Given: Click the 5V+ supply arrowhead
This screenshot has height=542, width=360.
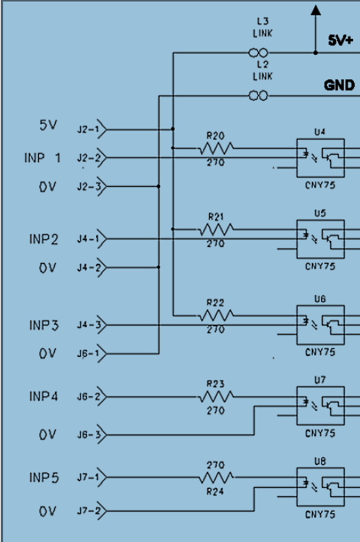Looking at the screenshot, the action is pos(316,11).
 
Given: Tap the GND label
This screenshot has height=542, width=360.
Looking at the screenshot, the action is pos(339,85).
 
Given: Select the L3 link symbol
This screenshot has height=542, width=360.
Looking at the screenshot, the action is pos(259,53).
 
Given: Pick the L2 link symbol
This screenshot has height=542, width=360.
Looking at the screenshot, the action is pos(259,96).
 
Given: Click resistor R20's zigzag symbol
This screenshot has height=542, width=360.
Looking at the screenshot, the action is pos(215,149).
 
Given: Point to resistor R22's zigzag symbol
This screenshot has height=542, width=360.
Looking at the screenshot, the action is pos(215,316).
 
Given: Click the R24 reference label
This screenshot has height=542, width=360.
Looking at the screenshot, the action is pos(215,491).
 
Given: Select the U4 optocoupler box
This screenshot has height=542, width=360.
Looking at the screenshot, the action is pos(320,158).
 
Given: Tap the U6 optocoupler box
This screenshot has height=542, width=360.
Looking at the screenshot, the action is pos(320,325).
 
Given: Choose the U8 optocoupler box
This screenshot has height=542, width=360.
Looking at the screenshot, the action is pos(320,487).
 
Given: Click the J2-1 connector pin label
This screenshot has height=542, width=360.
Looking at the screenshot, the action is pos(88,130).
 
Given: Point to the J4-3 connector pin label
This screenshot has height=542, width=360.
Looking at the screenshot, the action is pos(88,326).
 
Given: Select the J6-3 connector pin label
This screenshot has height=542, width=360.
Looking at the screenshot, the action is pos(88,435).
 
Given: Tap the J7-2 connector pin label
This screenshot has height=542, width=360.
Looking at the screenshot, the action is pos(88,511).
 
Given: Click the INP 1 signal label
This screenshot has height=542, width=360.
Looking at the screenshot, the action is pos(43,158).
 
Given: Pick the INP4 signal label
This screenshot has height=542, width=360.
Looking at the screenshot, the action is pos(43,396).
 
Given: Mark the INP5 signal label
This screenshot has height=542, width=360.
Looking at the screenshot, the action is pos(44,478).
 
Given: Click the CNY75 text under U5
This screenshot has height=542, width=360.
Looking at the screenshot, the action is pos(320,267).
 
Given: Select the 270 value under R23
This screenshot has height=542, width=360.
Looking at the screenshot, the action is pos(215,411).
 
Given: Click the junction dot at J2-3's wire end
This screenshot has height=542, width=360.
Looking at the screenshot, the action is pos(159,186).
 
